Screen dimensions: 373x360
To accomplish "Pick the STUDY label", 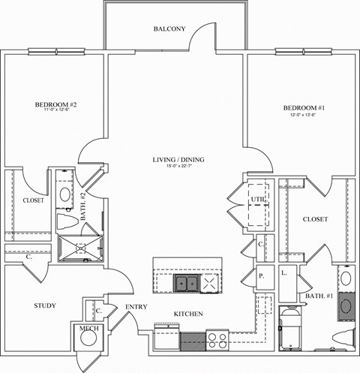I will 25,305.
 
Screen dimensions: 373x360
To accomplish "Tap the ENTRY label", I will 136,306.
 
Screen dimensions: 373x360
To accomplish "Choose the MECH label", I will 88,327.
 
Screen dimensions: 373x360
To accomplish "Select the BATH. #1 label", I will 320,298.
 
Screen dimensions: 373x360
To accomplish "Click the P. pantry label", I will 262,275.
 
